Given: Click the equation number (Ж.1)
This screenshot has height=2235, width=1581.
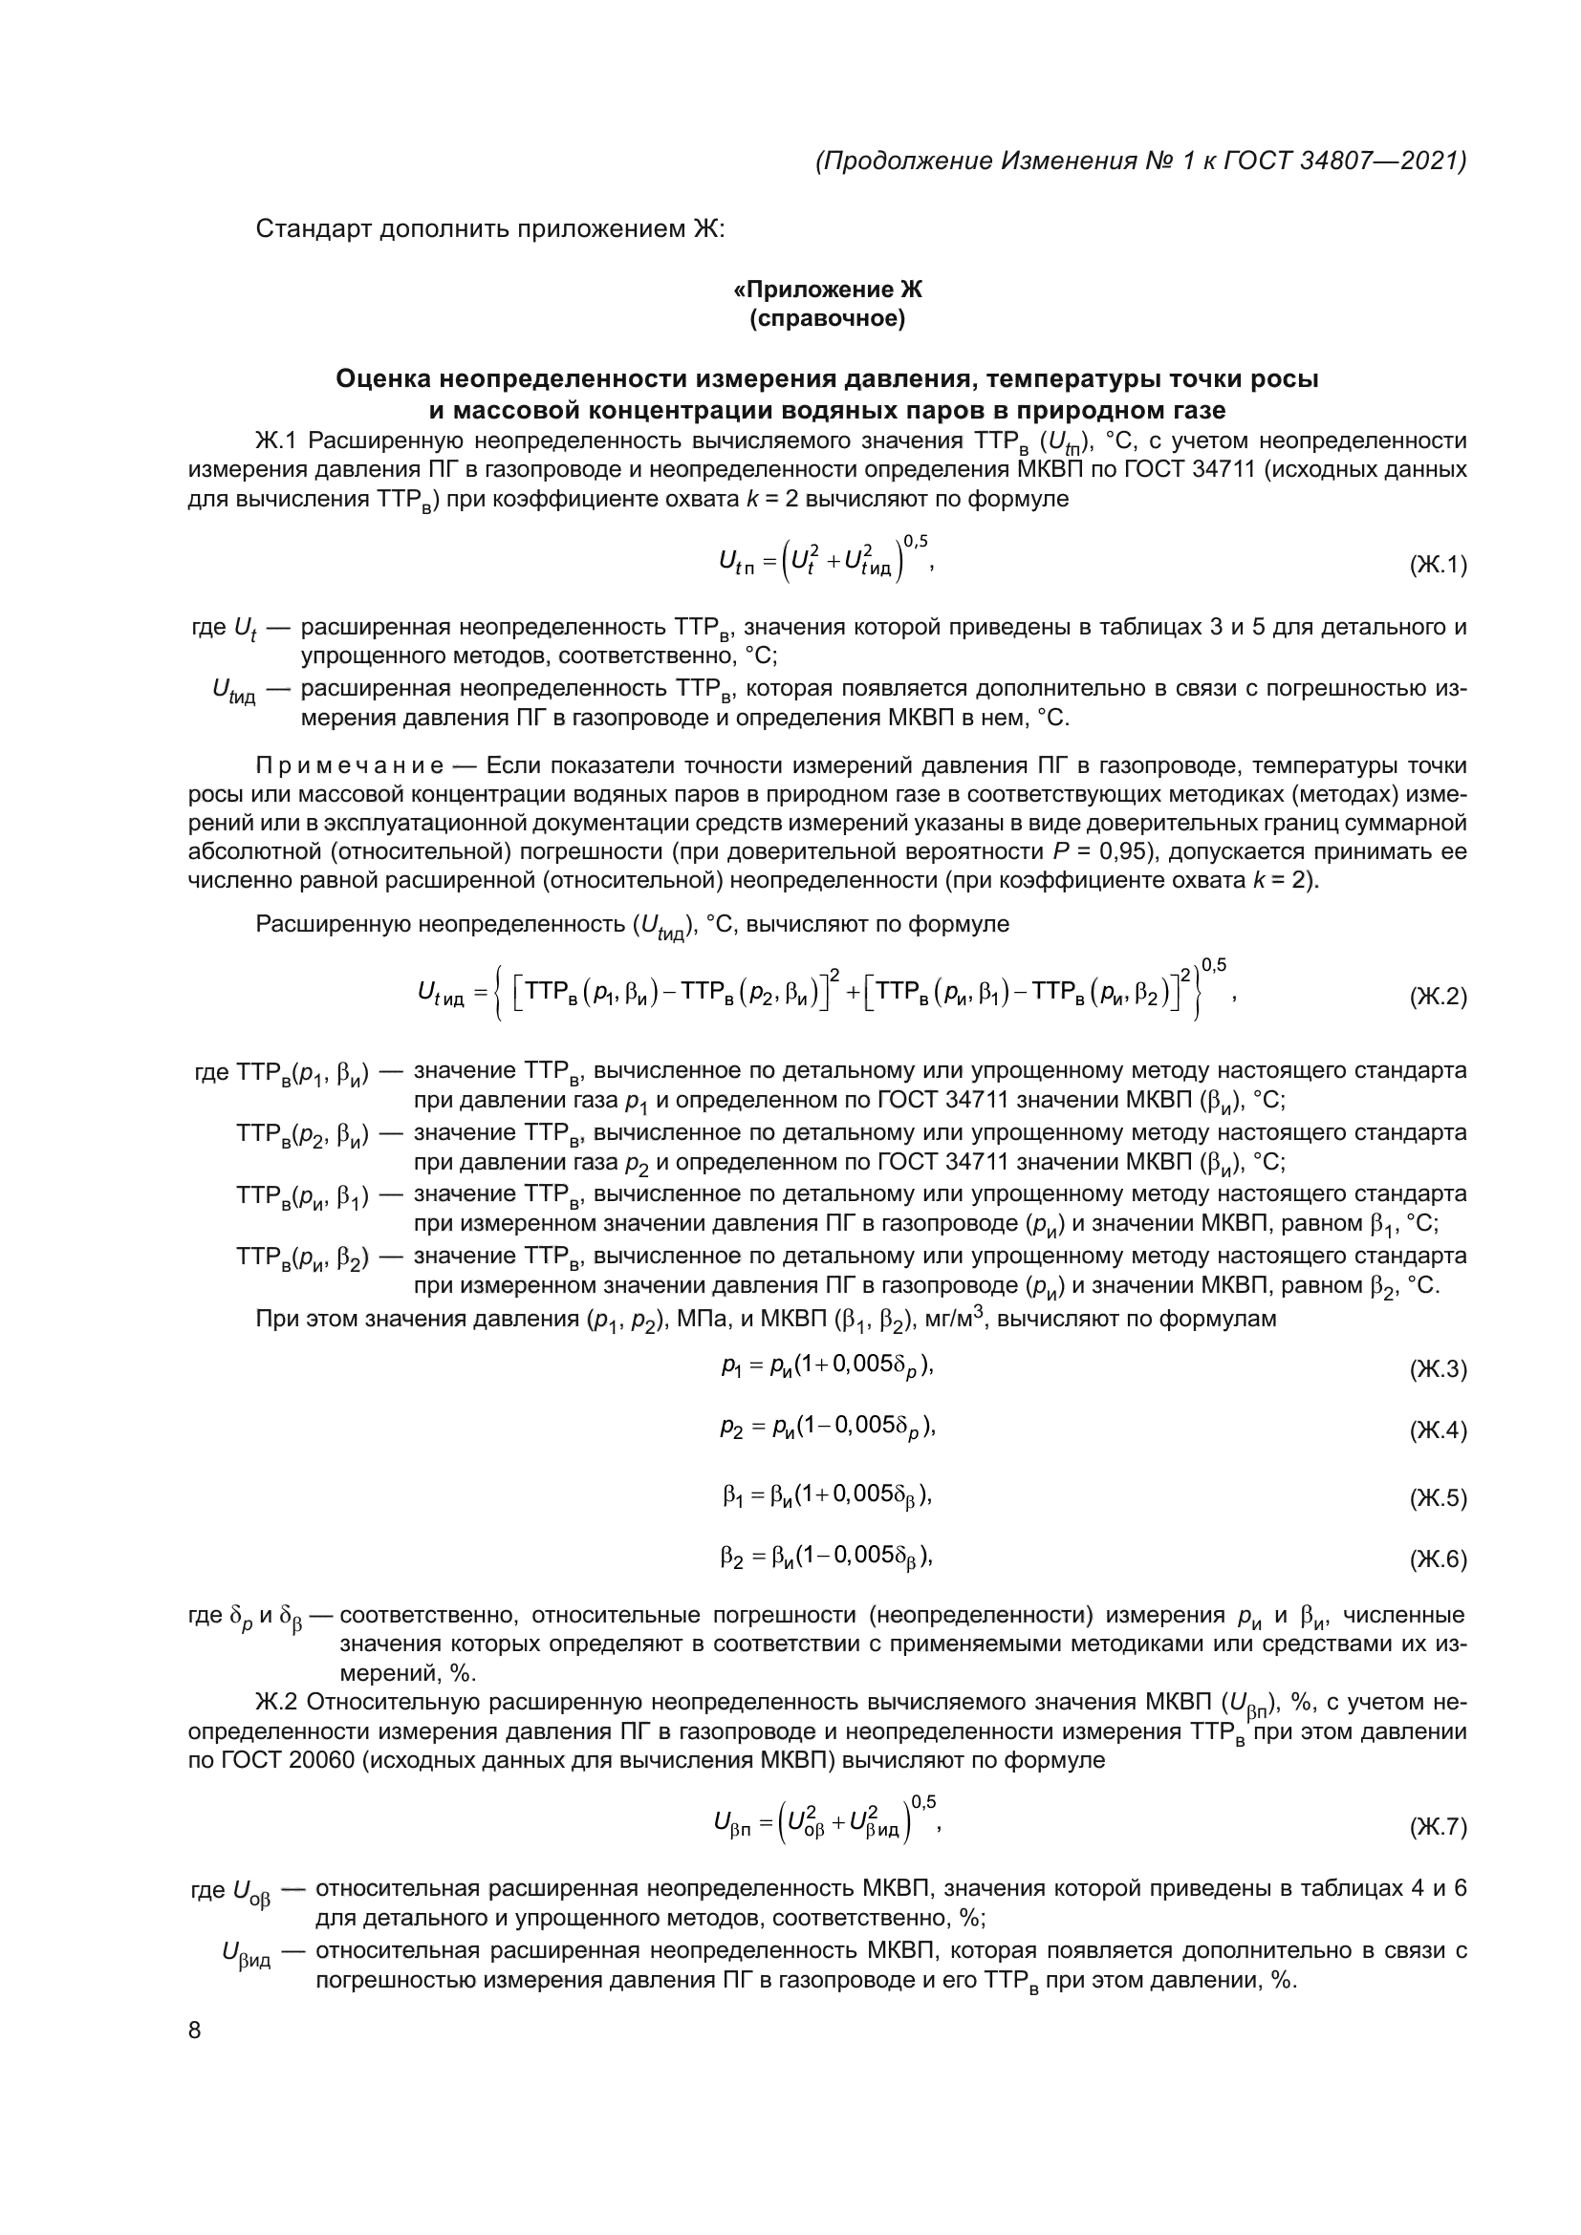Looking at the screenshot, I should click(1437, 566).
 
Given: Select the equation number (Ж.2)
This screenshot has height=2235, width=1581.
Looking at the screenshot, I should click(1437, 997).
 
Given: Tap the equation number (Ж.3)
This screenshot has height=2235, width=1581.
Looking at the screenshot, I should click(1437, 1369).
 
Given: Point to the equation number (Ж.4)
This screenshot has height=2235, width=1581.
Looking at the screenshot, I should click(1437, 1431).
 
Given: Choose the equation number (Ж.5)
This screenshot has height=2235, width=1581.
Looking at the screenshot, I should click(1437, 1498).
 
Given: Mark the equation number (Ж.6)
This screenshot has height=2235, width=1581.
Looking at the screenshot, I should click(1437, 1559).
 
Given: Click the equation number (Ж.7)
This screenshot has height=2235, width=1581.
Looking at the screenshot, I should click(1437, 1828).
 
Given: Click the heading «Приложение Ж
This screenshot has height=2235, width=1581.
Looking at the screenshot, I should click(827, 290).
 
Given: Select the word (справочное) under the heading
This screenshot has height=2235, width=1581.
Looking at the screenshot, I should click(827, 318).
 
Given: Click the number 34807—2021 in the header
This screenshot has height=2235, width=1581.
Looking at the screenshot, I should click(1382, 161).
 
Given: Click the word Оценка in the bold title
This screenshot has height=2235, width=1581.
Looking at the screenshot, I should click(382, 378).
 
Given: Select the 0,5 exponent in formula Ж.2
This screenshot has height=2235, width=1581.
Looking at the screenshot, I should click(1213, 965).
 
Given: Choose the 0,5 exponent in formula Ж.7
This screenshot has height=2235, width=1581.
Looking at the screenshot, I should click(923, 1802).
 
